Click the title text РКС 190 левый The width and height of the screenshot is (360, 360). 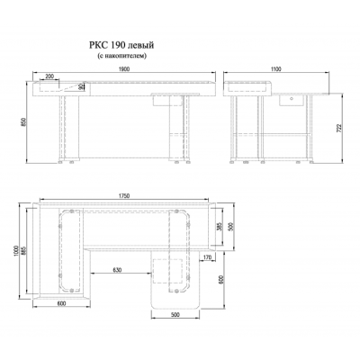point(121,45)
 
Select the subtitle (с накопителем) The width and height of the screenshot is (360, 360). point(121,56)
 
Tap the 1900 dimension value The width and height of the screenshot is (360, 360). point(124,68)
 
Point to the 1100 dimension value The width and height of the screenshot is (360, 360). point(276,69)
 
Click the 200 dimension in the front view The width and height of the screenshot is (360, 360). point(49,76)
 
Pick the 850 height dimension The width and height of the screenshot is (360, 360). point(25,121)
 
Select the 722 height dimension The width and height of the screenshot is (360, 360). point(339,128)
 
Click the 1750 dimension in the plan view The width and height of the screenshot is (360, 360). point(124,196)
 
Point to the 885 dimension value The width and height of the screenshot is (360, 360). point(24,251)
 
